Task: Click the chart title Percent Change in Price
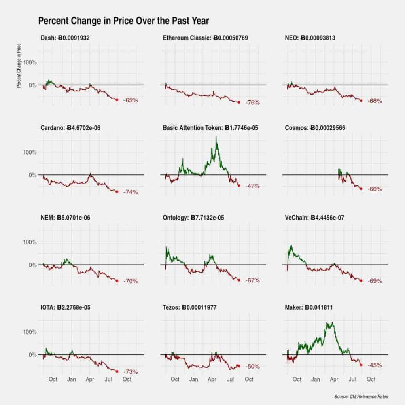(123, 21)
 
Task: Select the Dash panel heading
(67, 38)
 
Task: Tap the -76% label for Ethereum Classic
(252, 103)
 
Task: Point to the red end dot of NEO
(361, 100)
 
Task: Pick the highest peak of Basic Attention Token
(216, 137)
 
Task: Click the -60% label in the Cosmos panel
(375, 189)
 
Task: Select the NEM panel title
(65, 218)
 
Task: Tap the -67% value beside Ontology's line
(252, 281)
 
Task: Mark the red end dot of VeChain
(361, 280)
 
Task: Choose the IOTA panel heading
(68, 307)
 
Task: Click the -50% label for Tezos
(252, 367)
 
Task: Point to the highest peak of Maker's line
(327, 323)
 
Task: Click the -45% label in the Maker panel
(375, 365)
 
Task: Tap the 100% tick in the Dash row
(30, 62)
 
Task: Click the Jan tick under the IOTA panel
(72, 379)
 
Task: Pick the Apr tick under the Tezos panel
(212, 379)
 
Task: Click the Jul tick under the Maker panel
(353, 379)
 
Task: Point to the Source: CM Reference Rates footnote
(361, 396)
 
